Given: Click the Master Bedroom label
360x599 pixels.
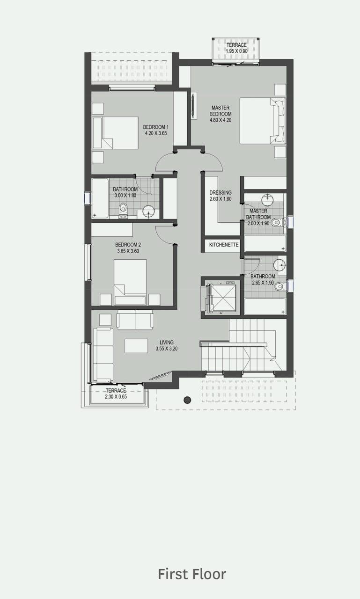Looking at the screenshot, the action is tap(220, 111).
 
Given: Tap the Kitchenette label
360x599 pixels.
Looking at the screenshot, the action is tap(224, 245).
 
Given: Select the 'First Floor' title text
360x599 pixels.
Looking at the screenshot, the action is tap(192, 574).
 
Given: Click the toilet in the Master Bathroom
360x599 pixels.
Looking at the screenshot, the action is tap(277, 222).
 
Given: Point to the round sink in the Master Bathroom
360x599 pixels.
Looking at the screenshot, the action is tap(267, 199).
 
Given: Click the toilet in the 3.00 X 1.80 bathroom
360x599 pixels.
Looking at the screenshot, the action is tap(123, 209).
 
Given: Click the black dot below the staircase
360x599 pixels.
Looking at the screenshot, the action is tap(187, 400).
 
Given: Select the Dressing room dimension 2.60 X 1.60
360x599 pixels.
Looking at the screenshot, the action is tap(220, 199).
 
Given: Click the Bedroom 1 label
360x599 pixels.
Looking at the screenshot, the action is tap(156, 127).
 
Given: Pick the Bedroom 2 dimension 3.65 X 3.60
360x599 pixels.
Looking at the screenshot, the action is tap(128, 251).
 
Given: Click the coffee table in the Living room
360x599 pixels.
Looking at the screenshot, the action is tap(136, 346).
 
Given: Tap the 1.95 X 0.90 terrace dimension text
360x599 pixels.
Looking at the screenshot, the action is tap(236, 51).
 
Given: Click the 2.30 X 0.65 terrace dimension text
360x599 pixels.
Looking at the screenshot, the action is tap(116, 397).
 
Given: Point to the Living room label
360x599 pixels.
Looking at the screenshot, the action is tap(167, 342).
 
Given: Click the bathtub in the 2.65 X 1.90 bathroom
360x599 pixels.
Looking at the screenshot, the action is tap(265, 307).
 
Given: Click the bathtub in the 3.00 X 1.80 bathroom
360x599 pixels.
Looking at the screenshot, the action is tap(100, 198).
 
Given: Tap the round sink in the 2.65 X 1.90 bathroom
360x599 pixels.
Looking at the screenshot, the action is tap(279, 265).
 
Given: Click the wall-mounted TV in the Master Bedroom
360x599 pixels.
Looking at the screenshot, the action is tap(194, 106).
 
